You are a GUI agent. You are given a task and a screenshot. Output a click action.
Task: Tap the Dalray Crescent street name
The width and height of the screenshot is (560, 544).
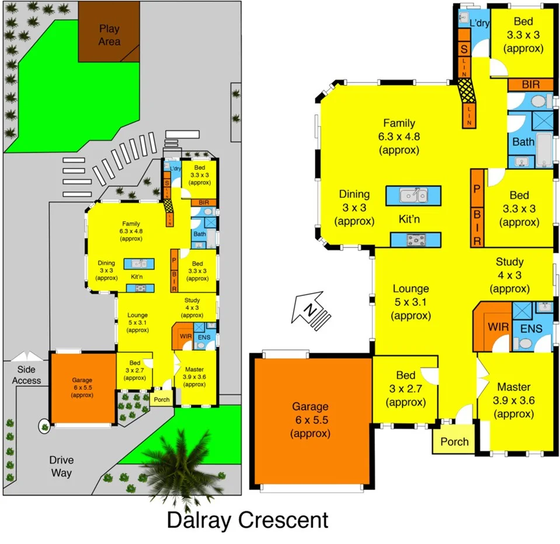248,519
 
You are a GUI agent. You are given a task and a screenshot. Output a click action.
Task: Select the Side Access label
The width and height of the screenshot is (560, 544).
27,375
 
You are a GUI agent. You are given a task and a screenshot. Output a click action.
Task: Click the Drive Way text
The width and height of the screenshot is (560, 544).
61,466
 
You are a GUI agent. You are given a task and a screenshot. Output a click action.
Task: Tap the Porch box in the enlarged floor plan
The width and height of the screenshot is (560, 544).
454,441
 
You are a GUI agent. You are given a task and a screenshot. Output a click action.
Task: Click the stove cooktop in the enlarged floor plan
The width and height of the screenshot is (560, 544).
416,239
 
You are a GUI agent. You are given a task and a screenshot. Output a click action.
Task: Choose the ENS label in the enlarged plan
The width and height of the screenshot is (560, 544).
533,329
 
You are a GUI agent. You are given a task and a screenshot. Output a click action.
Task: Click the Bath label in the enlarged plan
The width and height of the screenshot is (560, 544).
523,141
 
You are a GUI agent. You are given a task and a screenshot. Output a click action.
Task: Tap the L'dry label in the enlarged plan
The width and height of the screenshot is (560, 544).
479,23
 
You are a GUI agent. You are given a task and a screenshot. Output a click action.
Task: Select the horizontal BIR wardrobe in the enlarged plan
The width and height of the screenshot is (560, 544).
530,85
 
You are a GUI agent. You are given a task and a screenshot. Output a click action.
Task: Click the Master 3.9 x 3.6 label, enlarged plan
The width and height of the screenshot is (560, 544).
514,400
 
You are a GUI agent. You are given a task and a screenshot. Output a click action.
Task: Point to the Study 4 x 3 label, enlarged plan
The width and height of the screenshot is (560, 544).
509,275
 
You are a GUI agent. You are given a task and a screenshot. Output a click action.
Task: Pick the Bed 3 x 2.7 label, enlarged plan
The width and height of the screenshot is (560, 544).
406,388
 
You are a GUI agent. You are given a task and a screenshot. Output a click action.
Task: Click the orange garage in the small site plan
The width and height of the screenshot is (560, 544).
82,388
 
